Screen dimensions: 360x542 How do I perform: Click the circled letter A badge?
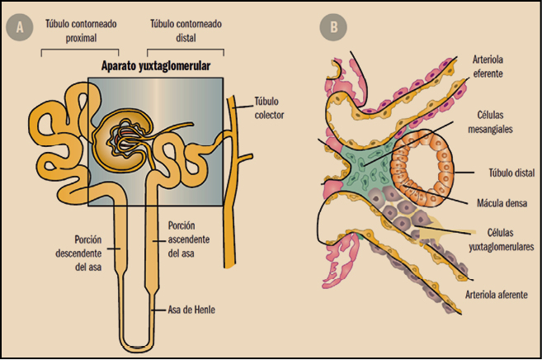click(x=17, y=26)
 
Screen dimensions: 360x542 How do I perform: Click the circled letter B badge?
click(x=333, y=26)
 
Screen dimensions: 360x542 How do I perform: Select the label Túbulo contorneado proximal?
click(x=79, y=31)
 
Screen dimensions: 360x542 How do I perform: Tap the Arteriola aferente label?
click(x=496, y=294)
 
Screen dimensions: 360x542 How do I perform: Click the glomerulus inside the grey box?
click(x=123, y=138)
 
